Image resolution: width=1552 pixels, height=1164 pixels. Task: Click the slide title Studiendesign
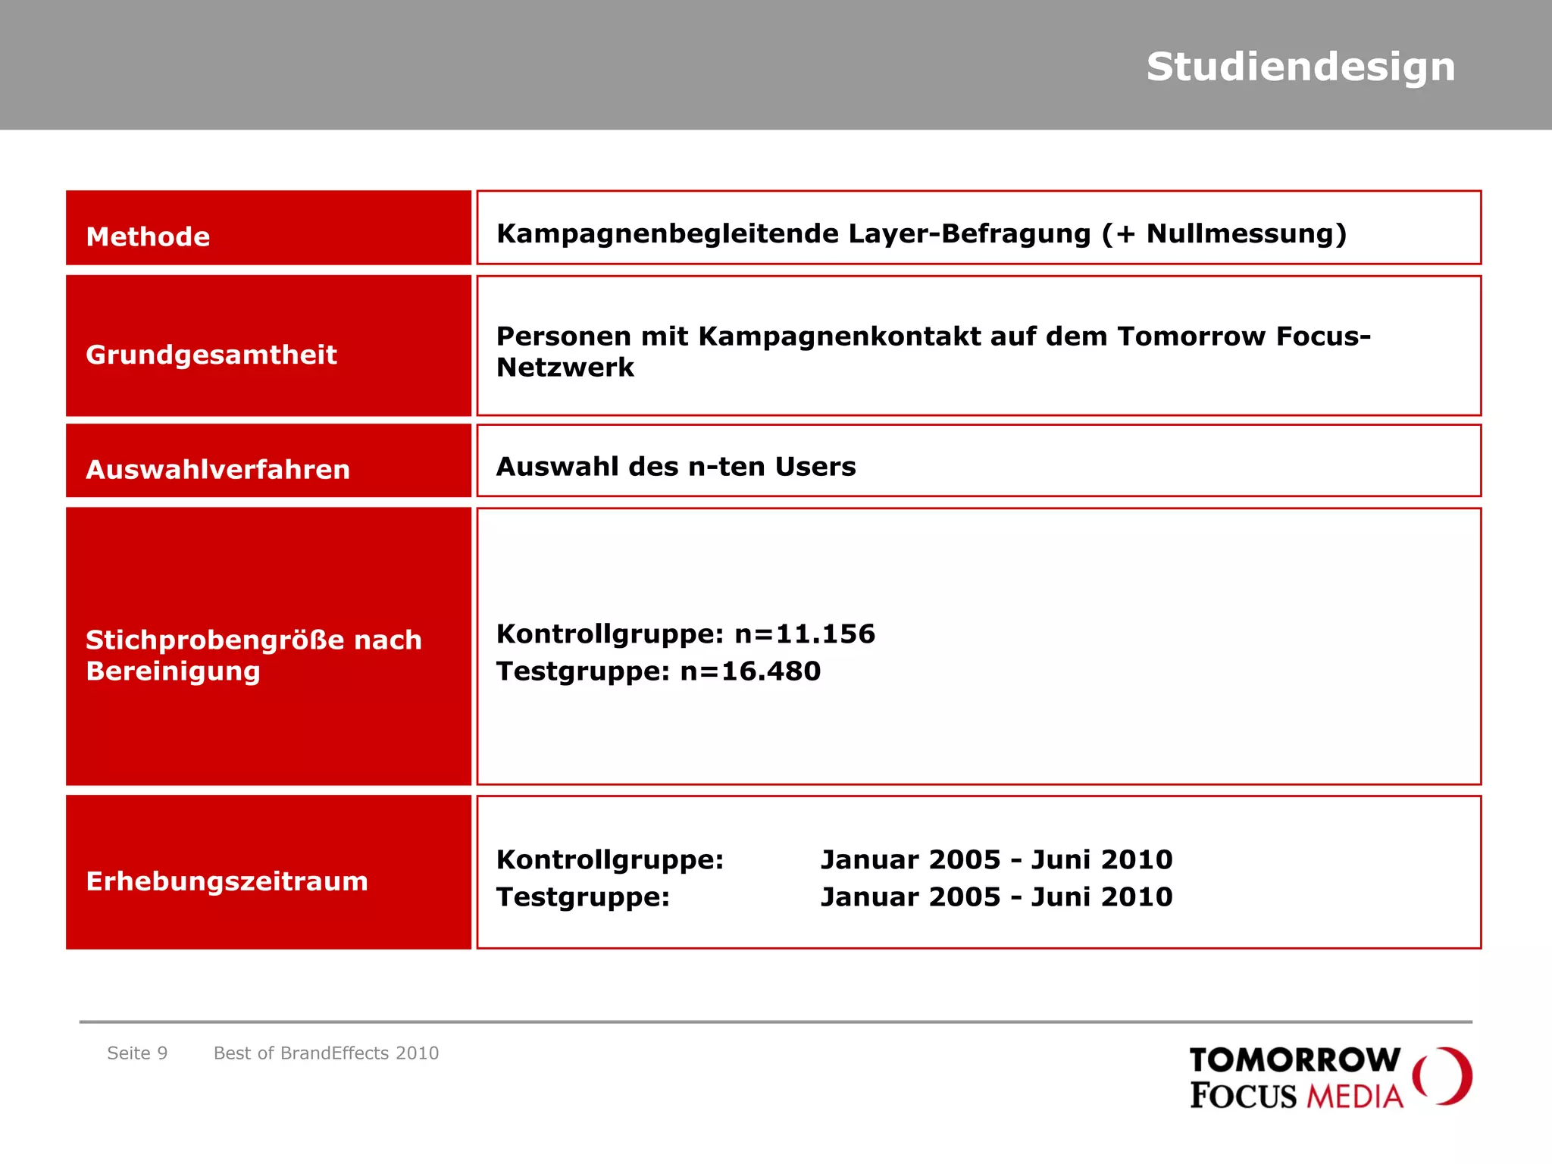coord(1300,67)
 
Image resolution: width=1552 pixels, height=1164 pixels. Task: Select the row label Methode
coord(148,236)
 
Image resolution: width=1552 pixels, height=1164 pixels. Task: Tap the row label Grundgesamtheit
coord(211,355)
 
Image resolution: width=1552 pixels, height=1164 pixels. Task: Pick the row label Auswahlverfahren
coord(217,469)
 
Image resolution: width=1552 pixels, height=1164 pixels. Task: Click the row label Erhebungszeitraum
coord(227,881)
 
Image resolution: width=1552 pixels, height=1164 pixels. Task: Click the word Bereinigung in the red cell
coord(173,671)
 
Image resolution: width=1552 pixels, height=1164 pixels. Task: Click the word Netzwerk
coord(565,368)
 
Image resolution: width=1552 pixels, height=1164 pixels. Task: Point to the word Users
coord(815,467)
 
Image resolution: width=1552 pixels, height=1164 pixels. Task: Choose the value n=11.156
coord(805,634)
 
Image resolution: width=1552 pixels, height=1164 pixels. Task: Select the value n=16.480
coord(750,671)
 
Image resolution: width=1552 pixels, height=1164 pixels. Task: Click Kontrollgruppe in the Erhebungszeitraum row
coord(609,859)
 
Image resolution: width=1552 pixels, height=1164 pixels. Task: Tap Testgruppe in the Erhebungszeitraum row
coord(583,897)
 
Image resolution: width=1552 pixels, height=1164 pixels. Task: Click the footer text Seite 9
coord(137,1053)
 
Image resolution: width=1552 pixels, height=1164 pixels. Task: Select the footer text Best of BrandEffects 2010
coord(326,1053)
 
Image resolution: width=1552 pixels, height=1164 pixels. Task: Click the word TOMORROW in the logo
coord(1294,1059)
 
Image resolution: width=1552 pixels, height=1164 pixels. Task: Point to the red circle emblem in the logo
coord(1443,1076)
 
